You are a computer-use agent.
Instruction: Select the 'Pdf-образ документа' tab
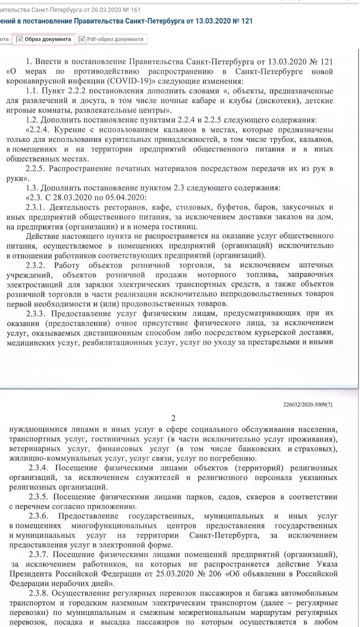click(x=111, y=39)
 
